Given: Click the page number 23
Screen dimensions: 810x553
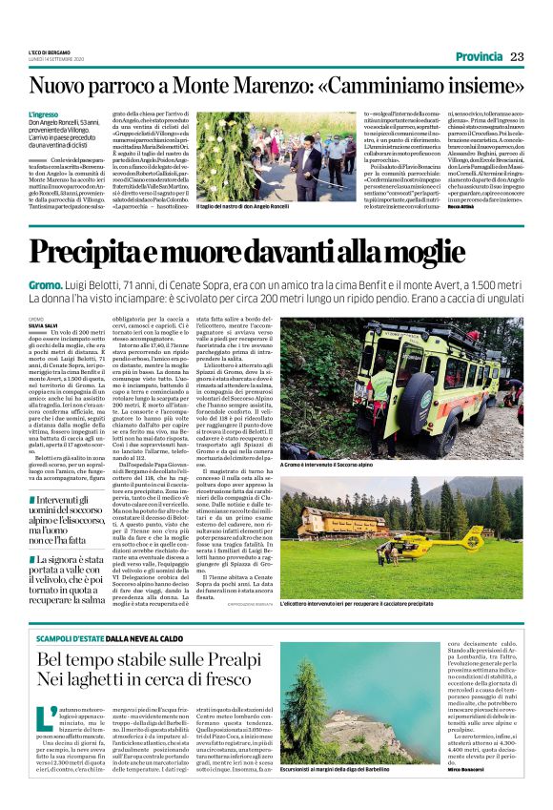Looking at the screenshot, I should (x=518, y=56).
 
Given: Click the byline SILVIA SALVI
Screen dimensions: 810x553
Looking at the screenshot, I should (x=45, y=325).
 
